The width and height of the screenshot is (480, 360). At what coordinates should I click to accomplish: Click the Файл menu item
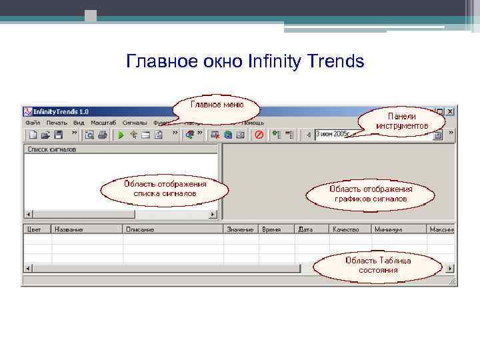click(x=33, y=123)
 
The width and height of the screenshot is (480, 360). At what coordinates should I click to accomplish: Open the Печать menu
click(x=57, y=123)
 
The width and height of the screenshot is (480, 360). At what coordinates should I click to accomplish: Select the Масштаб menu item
click(x=103, y=123)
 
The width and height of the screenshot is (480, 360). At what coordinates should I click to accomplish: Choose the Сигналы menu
click(x=135, y=123)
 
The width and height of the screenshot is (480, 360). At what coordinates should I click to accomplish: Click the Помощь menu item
click(x=253, y=123)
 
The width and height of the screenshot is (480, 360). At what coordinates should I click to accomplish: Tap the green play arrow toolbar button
click(x=121, y=135)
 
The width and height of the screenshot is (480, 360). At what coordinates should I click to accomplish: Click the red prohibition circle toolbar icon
click(x=259, y=135)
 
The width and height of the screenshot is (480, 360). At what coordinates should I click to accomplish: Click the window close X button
click(x=450, y=111)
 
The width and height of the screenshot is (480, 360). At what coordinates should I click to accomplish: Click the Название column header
click(x=69, y=229)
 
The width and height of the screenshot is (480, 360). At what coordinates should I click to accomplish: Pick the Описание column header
click(x=139, y=229)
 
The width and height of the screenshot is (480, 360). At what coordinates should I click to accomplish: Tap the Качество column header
click(x=346, y=229)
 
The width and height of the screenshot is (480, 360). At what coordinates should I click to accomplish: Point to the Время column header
click(x=271, y=229)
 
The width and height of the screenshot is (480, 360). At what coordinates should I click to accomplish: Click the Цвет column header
click(x=34, y=229)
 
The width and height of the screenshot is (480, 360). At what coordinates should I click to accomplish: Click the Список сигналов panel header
click(x=52, y=150)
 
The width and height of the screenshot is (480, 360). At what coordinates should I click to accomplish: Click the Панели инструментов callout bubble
click(x=401, y=121)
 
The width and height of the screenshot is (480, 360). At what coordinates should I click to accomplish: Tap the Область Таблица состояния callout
click(x=378, y=265)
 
